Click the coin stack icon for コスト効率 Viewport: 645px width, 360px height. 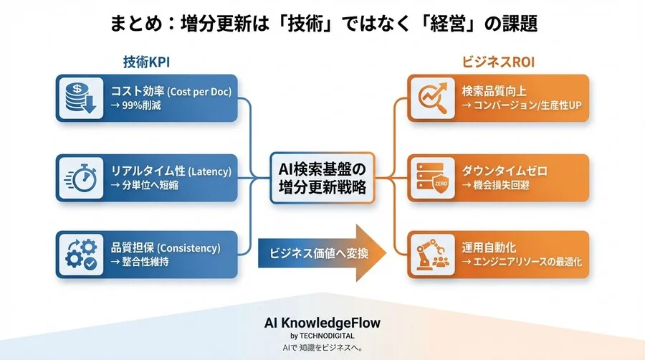77,98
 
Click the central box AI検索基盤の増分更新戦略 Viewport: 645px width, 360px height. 322,177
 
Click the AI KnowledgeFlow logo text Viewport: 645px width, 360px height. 322,323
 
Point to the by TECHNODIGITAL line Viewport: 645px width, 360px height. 322,336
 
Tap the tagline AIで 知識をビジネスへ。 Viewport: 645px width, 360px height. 322,348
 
